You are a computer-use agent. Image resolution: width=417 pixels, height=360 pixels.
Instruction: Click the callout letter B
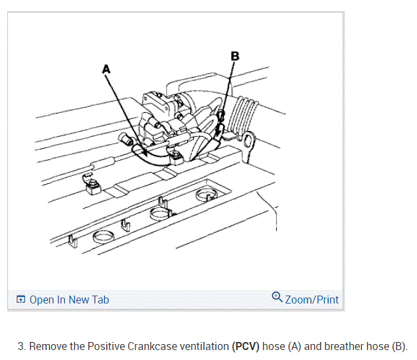pyautogui.click(x=233, y=56)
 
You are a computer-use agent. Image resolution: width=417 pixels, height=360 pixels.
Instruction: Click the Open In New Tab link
pyautogui.click(x=69, y=300)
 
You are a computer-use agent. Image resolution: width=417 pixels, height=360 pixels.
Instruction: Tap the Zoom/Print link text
pyautogui.click(x=312, y=300)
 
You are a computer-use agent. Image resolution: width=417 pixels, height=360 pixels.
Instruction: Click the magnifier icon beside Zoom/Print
pyautogui.click(x=278, y=298)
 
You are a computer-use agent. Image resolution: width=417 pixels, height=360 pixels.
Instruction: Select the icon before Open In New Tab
pyautogui.click(x=21, y=300)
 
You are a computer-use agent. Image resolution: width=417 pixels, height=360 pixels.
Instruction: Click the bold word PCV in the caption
pyautogui.click(x=246, y=347)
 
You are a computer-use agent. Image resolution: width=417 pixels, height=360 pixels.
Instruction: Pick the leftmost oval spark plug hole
pyautogui.click(x=106, y=236)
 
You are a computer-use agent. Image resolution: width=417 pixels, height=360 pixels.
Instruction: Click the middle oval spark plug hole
pyautogui.click(x=160, y=214)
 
